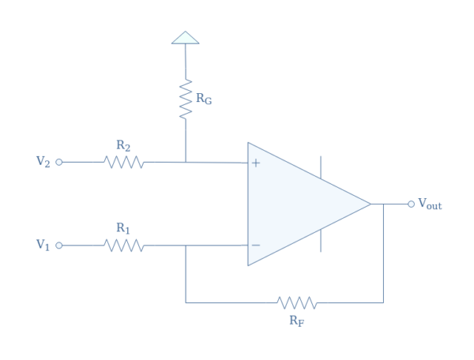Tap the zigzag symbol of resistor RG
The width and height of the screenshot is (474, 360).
[186, 99]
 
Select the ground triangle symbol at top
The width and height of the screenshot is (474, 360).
[185, 37]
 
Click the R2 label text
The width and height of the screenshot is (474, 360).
[123, 145]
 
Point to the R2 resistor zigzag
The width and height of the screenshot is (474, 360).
[123, 162]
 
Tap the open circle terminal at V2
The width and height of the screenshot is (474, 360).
[59, 162]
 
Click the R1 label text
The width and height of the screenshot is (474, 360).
[123, 228]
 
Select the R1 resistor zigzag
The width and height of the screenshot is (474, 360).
[123, 246]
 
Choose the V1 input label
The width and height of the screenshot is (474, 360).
[43, 245]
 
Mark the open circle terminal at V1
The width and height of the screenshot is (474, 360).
[59, 246]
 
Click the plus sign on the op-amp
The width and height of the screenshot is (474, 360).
[256, 163]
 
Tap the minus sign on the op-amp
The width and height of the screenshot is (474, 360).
[256, 246]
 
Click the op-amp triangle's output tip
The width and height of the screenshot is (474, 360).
[370, 204]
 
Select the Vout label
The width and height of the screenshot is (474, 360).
[430, 204]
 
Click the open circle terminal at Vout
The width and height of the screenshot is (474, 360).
[411, 204]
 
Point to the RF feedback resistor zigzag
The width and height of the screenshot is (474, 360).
[297, 302]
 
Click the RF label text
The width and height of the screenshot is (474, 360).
[298, 320]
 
